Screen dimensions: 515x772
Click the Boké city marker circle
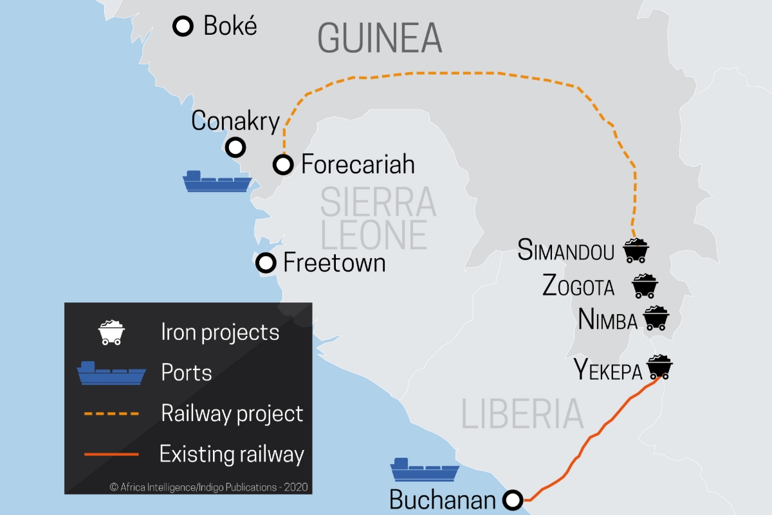183,26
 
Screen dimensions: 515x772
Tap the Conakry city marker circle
236,147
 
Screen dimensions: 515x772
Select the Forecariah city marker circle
283,165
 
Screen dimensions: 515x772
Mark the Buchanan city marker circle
513,500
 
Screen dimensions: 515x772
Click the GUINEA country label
380,38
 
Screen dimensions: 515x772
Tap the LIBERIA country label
522,414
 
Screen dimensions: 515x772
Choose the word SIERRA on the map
378,201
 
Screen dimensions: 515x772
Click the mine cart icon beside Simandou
636,250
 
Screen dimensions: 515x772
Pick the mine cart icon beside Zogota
645,286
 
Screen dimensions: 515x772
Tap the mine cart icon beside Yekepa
659,367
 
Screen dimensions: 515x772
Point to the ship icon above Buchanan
425,470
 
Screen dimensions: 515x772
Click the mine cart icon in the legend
111,332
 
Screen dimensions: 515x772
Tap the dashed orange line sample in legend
111,413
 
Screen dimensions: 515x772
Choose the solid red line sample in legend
111,454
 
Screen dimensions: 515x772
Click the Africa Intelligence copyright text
210,487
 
